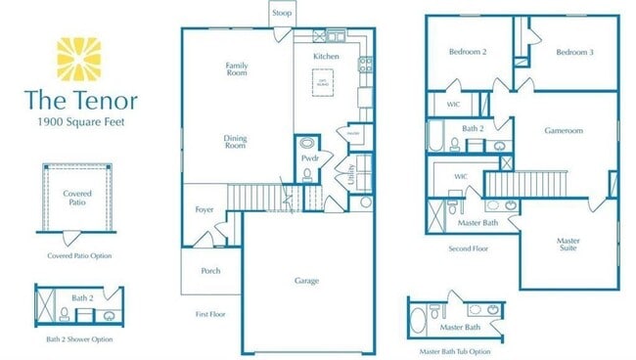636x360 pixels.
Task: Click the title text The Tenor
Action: [81, 100]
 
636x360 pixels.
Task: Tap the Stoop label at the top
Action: [282, 13]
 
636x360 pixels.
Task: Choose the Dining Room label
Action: [236, 141]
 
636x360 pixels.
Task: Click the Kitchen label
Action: [326, 57]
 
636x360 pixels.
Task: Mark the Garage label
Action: [307, 281]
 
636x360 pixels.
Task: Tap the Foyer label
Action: [204, 208]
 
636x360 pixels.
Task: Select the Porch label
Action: [210, 270]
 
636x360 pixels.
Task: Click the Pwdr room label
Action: [310, 157]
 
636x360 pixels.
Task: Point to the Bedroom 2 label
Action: [468, 52]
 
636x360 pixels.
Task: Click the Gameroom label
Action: [564, 130]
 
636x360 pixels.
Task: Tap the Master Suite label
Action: [568, 244]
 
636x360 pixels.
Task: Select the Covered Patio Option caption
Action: [79, 255]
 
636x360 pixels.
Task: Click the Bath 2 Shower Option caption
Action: [79, 338]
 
